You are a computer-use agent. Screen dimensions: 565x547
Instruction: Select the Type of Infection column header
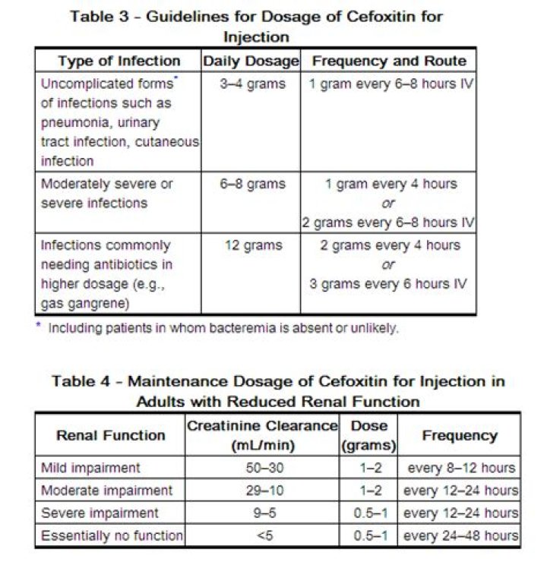(x=119, y=62)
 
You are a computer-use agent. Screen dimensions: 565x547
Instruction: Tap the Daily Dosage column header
(x=251, y=62)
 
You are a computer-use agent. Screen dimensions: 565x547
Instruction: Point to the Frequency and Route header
(x=389, y=62)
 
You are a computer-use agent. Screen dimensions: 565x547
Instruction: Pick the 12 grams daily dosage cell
(x=253, y=245)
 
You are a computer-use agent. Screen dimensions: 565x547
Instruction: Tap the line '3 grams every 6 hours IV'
(x=388, y=285)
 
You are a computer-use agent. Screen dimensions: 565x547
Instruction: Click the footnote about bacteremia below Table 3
(x=217, y=329)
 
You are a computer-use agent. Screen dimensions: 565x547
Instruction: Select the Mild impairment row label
(x=90, y=468)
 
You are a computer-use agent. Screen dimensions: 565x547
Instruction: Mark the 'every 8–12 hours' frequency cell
(x=460, y=468)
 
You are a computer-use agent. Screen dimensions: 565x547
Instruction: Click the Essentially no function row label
(x=112, y=536)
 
